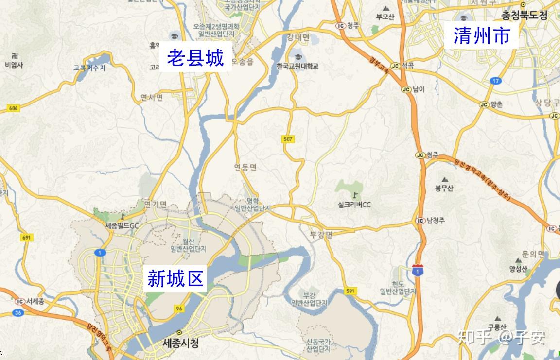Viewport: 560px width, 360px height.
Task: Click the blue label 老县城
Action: [x=195, y=58]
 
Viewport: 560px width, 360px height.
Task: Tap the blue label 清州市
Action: [x=481, y=35]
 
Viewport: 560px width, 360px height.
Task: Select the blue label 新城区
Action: [x=175, y=278]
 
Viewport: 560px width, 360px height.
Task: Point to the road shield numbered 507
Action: [x=287, y=139]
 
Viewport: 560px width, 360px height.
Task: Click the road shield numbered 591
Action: [x=351, y=291]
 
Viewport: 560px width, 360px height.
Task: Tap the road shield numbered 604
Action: [x=13, y=108]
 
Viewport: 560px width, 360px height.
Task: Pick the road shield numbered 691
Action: [x=27, y=238]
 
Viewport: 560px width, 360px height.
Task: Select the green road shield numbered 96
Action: [x=179, y=309]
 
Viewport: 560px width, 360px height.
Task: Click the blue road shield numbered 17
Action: [x=495, y=81]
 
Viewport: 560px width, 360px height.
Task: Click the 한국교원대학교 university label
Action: [x=297, y=66]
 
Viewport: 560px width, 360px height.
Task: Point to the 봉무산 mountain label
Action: [x=444, y=189]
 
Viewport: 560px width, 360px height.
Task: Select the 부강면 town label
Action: [x=321, y=234]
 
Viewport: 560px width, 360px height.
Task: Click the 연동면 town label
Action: [x=245, y=168]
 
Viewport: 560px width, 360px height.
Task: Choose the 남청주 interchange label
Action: [x=436, y=221]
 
